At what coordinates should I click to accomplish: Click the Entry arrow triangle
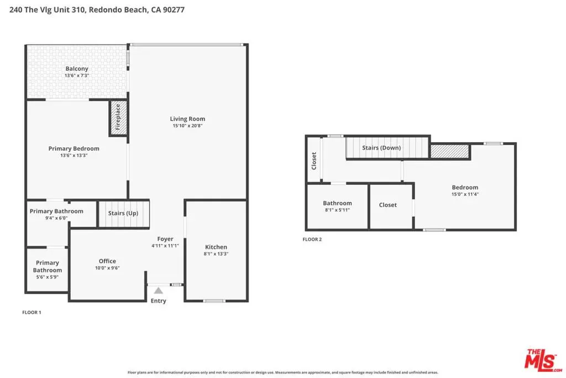pos(159,291)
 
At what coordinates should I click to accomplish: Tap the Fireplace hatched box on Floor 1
pos(118,117)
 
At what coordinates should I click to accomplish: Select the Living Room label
pos(187,118)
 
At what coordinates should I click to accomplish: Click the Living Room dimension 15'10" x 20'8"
pos(187,126)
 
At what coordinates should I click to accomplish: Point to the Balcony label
pos(77,68)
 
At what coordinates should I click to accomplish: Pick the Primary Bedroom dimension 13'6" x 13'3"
pos(74,156)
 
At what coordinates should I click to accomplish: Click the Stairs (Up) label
pos(123,213)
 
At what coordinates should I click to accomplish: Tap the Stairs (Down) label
pos(381,148)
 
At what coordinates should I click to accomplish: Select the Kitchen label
pos(216,247)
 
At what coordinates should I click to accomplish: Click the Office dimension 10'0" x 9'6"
pos(107,268)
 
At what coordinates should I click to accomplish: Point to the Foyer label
pos(165,239)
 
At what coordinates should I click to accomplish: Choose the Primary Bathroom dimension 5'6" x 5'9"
pos(48,277)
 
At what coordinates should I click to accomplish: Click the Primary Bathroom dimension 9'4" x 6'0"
pos(56,218)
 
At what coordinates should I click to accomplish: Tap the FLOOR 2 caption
pos(312,239)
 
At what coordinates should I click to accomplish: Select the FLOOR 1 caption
pos(32,312)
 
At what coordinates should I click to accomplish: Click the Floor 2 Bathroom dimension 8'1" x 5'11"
pos(337,210)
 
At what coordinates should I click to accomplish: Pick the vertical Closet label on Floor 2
pos(314,161)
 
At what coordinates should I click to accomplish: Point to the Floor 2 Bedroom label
pos(465,187)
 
